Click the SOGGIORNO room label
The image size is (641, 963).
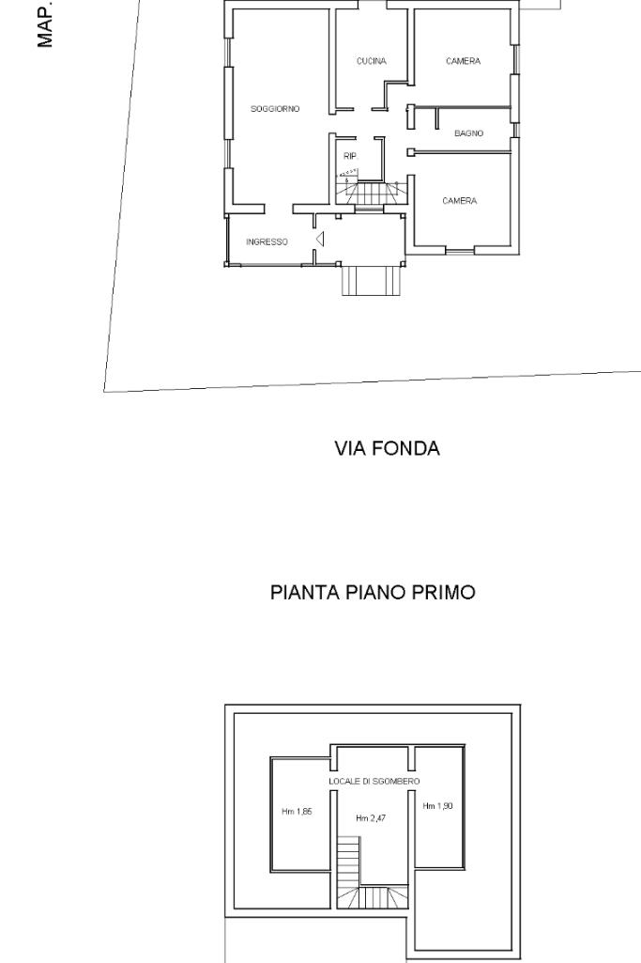(275, 109)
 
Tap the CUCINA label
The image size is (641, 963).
(371, 61)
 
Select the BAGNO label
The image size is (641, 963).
(468, 133)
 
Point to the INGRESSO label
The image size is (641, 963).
(267, 242)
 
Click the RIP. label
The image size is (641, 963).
(350, 157)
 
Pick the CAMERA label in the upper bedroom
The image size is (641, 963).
(463, 61)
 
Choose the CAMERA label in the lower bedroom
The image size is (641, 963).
(460, 201)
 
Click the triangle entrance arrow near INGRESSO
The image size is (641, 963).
(320, 239)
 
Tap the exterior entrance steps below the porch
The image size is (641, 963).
(372, 281)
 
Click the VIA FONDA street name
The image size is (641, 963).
(387, 448)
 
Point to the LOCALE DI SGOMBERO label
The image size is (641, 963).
(374, 782)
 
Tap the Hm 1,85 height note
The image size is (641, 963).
(297, 812)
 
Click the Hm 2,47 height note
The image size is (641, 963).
(371, 818)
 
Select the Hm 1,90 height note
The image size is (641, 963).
(438, 806)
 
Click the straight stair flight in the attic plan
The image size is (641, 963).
(347, 862)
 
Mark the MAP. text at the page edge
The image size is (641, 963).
(45, 24)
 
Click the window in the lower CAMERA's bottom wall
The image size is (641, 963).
(460, 250)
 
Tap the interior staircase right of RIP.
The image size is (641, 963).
(372, 193)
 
